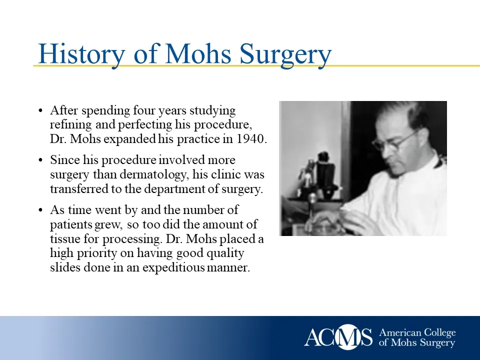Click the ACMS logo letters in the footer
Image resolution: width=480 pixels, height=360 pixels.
click(x=338, y=337)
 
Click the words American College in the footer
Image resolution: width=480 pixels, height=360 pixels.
click(x=417, y=333)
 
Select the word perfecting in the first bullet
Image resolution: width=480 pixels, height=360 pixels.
click(x=136, y=124)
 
